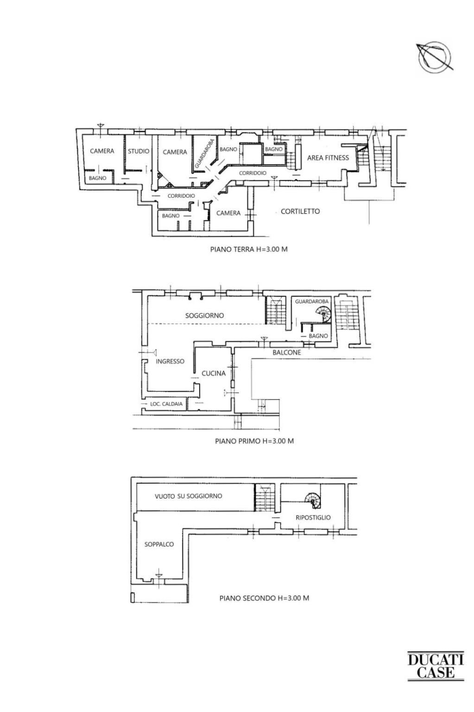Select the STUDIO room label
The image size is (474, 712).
[x=139, y=151]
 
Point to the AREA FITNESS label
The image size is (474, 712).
[x=328, y=158]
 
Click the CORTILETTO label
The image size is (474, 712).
[x=300, y=212]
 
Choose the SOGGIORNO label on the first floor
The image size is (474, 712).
[x=204, y=315]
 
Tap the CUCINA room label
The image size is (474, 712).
[x=213, y=373]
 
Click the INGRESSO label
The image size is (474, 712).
[x=170, y=361]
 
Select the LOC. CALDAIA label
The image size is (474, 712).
[x=166, y=404]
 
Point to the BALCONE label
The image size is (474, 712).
[x=287, y=353]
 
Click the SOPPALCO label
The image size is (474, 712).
[x=159, y=545]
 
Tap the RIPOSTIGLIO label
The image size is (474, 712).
[x=313, y=518]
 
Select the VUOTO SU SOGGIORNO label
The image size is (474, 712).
[x=188, y=496]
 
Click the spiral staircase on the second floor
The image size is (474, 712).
[x=313, y=500]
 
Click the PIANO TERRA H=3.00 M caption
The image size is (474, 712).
[x=249, y=249]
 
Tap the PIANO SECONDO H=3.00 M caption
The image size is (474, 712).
[x=264, y=598]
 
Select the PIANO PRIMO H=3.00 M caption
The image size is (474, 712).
[x=254, y=441]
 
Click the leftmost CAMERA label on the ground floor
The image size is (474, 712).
[x=102, y=151]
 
